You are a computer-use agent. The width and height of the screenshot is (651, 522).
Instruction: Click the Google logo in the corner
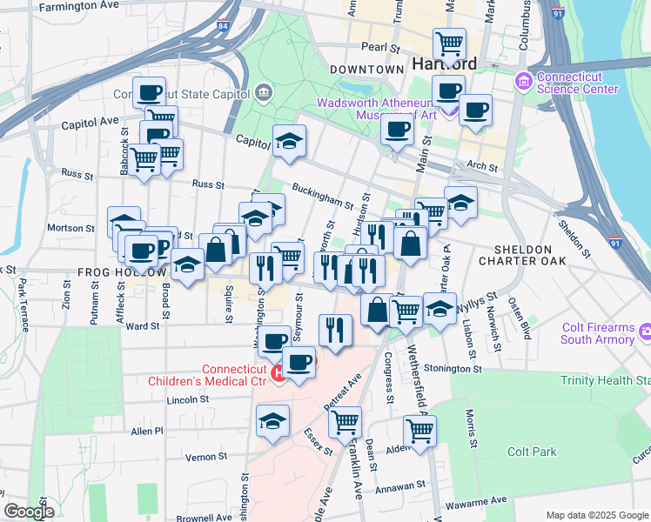point(28,512)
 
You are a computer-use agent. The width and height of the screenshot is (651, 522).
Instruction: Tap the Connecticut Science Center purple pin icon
point(524,81)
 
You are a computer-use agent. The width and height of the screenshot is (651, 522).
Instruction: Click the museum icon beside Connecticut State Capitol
point(264,92)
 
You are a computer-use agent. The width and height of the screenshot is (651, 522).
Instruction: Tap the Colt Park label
point(533,452)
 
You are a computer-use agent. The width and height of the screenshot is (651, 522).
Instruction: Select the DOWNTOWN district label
point(366,69)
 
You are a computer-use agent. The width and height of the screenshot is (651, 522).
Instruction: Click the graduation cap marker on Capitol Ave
point(289,142)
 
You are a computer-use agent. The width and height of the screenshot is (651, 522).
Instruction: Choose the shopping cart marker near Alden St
point(419,431)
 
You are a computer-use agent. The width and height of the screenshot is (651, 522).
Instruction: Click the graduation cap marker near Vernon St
point(272,422)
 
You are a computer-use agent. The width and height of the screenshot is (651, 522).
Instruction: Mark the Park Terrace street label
point(23,304)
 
